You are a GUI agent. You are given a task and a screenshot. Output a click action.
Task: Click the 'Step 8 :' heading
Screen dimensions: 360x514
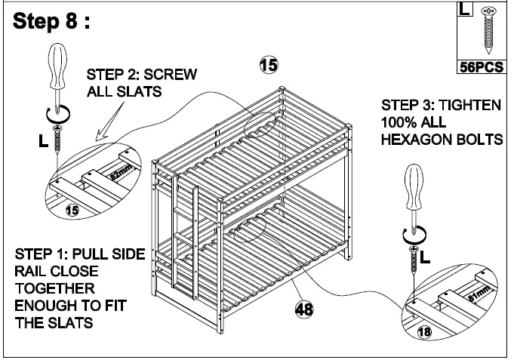pos(51,21)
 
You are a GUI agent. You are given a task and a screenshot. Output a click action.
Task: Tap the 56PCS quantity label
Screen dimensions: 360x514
pos(482,66)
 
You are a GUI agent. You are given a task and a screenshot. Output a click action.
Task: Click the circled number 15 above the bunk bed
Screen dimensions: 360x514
pos(268,65)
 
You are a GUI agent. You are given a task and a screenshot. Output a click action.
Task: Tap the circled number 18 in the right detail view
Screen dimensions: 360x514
pos(426,330)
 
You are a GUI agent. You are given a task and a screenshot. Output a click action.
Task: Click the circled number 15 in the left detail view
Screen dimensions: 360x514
pos(72,211)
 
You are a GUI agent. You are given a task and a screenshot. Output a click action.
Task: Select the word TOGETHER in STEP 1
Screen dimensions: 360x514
pos(54,288)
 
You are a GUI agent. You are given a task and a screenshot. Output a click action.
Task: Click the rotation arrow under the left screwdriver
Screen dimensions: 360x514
pos(58,114)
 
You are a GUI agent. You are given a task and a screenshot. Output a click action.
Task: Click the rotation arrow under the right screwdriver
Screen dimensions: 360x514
pos(413,233)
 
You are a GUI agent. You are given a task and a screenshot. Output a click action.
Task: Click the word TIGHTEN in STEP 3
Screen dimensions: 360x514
pos(472,105)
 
